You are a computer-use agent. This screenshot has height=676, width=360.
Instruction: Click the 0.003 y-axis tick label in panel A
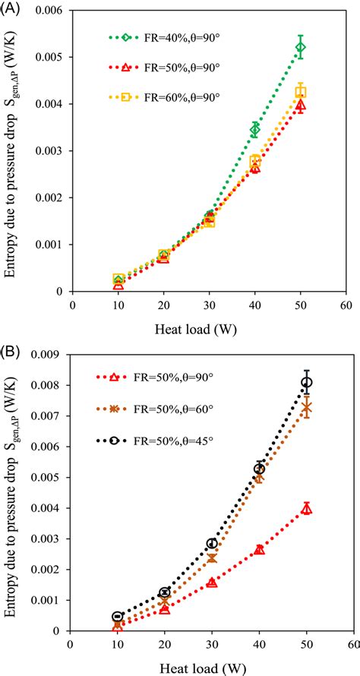click(x=54, y=150)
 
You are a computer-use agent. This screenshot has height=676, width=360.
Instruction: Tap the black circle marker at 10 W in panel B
click(x=117, y=617)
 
